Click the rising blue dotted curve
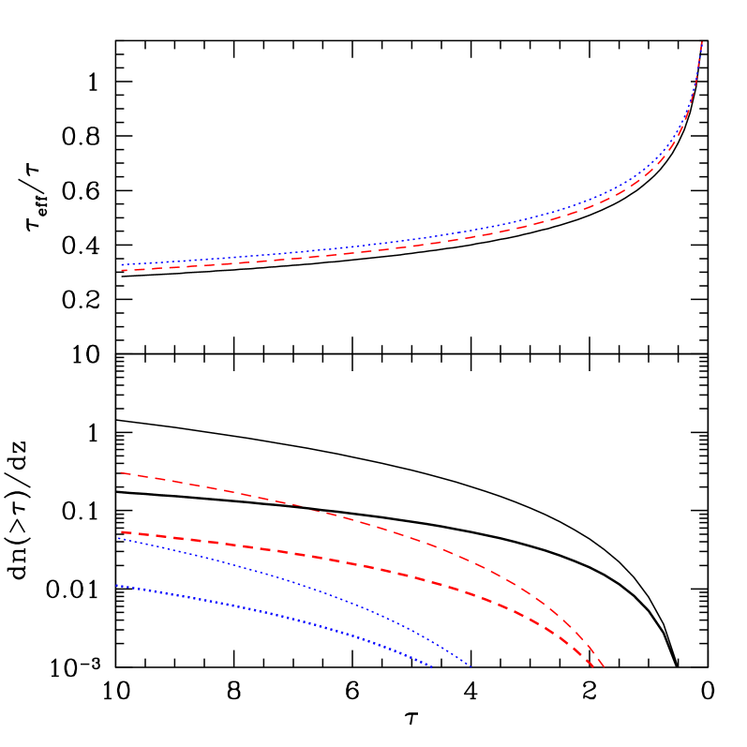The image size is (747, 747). (375, 244)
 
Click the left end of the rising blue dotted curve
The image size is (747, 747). (122, 264)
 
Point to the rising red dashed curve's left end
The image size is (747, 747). (122, 270)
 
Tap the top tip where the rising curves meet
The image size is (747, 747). (702, 41)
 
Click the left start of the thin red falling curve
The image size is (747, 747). (121, 472)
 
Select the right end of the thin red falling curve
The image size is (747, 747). (605, 667)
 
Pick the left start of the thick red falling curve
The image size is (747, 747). (121, 531)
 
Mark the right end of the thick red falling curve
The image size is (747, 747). (593, 667)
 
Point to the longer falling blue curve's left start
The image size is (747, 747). (118, 538)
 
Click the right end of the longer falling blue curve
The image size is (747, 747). (470, 666)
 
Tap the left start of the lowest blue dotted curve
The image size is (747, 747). (117, 586)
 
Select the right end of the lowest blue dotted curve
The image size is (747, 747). (432, 667)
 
